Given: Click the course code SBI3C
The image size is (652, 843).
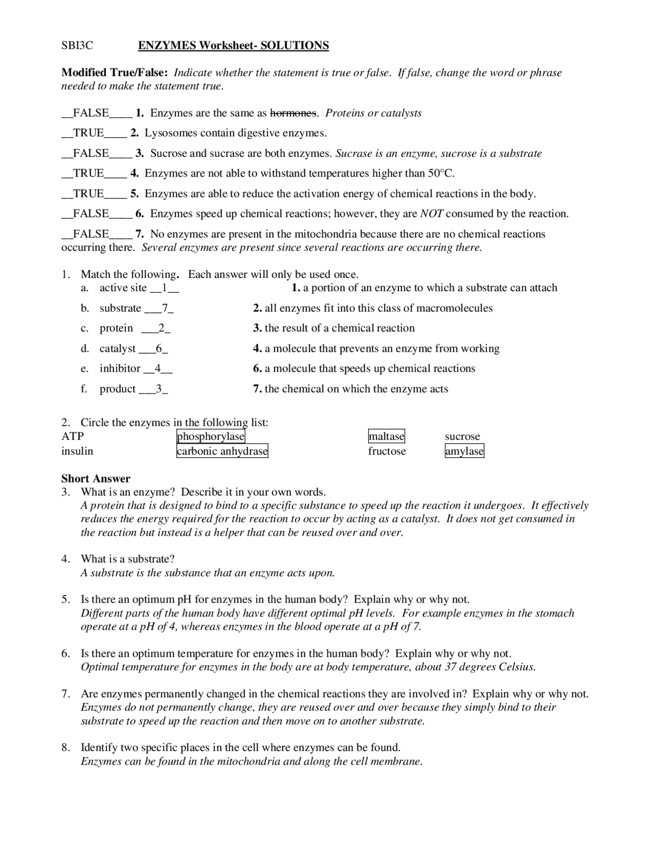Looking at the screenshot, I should (x=77, y=46).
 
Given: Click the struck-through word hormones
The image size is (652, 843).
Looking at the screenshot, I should (x=293, y=113).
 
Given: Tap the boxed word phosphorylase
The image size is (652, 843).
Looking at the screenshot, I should (x=211, y=437).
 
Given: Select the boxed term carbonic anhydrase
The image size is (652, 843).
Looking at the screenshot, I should (x=222, y=451).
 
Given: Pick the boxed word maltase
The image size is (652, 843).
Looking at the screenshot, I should (x=387, y=437).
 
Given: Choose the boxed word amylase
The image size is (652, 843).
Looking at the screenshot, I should (x=464, y=451).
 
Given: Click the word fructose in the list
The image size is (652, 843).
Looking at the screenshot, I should (x=387, y=451).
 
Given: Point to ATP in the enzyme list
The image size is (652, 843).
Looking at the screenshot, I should (x=72, y=437).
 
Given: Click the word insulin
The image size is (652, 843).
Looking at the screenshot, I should (x=77, y=451).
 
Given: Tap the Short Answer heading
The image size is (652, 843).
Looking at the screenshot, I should (x=96, y=479).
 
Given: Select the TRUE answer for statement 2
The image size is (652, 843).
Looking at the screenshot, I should (x=89, y=133).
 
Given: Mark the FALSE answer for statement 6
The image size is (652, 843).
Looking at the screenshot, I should (x=91, y=214).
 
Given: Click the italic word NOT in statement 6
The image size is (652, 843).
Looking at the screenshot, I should (x=431, y=214).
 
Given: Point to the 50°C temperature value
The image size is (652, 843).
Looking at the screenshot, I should (x=441, y=174).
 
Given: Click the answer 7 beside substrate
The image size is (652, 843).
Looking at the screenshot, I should (x=165, y=308).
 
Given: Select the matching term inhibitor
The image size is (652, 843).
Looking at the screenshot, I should (x=120, y=369).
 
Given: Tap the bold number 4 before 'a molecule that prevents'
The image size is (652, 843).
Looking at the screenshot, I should (x=257, y=349).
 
